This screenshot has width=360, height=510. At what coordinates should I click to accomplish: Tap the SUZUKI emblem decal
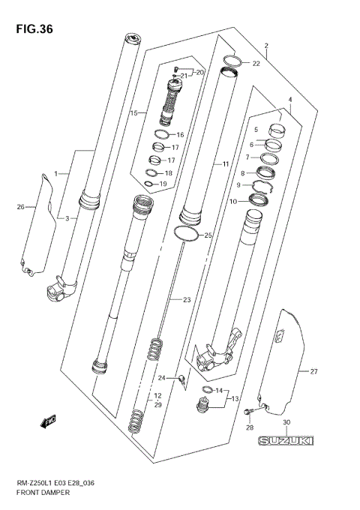[x=285, y=442]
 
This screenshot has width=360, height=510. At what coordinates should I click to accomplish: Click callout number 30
[x=286, y=423]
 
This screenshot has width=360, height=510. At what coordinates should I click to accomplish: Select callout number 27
[x=314, y=371]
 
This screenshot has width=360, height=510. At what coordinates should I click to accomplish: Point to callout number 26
[x=21, y=206]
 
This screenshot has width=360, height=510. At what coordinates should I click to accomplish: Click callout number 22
[x=256, y=64]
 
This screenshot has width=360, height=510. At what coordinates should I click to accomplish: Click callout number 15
[x=134, y=113]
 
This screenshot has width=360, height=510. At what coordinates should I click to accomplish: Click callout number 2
[x=266, y=46]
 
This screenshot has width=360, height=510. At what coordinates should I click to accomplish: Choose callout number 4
[x=290, y=100]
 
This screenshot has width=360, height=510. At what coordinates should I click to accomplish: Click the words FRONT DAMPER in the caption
[x=44, y=493]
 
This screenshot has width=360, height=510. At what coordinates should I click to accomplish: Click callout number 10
[x=232, y=202]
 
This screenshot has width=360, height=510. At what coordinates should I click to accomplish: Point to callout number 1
[x=55, y=174]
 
